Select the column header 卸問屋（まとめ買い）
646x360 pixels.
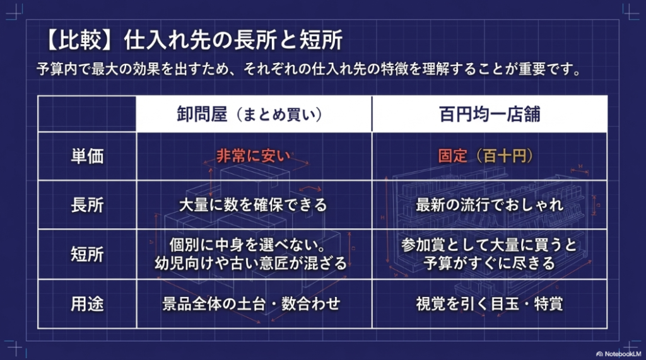pos(250,114)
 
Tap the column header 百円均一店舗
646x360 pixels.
pos(490,114)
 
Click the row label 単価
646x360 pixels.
pos(87,156)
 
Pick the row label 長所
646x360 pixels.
pos(87,205)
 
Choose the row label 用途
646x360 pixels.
pos(87,303)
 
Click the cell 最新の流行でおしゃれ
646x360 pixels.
pos(490,205)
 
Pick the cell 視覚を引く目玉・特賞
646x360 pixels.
pos(490,303)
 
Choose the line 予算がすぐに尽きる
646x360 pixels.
pos(490,263)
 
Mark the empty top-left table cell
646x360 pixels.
pos(87,114)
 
